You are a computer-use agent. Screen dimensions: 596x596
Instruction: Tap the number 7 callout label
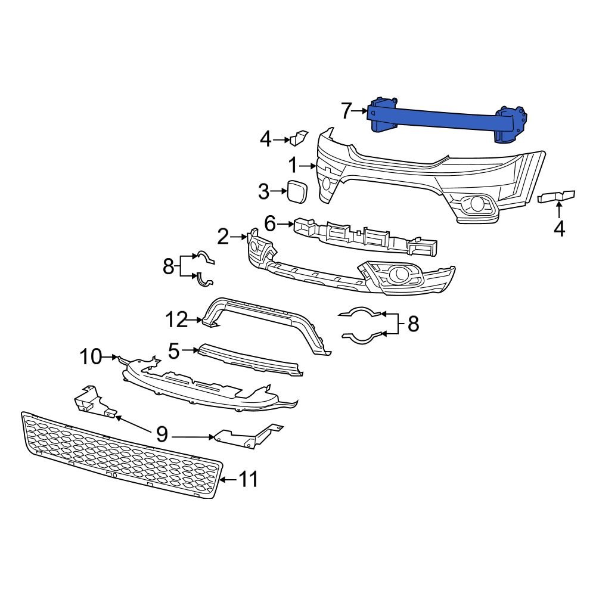point(347,111)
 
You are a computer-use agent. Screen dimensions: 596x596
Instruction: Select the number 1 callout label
point(293,165)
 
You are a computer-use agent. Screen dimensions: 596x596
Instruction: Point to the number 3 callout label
point(264,192)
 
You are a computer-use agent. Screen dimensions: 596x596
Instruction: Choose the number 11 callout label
point(249,479)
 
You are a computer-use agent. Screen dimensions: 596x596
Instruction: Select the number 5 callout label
point(173,352)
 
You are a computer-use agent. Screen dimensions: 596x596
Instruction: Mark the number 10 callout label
point(91,357)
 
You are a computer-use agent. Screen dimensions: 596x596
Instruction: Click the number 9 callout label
point(162,434)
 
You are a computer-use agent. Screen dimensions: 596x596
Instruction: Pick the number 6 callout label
point(270,224)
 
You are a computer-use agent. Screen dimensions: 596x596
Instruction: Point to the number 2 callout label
point(223,237)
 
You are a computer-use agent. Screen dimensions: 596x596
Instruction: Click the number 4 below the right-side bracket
point(559,228)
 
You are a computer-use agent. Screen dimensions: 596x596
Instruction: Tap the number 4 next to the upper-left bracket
point(266,140)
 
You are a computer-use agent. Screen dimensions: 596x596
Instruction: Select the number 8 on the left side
point(168,266)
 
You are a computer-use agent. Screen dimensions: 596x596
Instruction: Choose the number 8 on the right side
point(413,324)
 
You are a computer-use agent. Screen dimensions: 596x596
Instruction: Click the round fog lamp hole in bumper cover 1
point(477,204)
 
